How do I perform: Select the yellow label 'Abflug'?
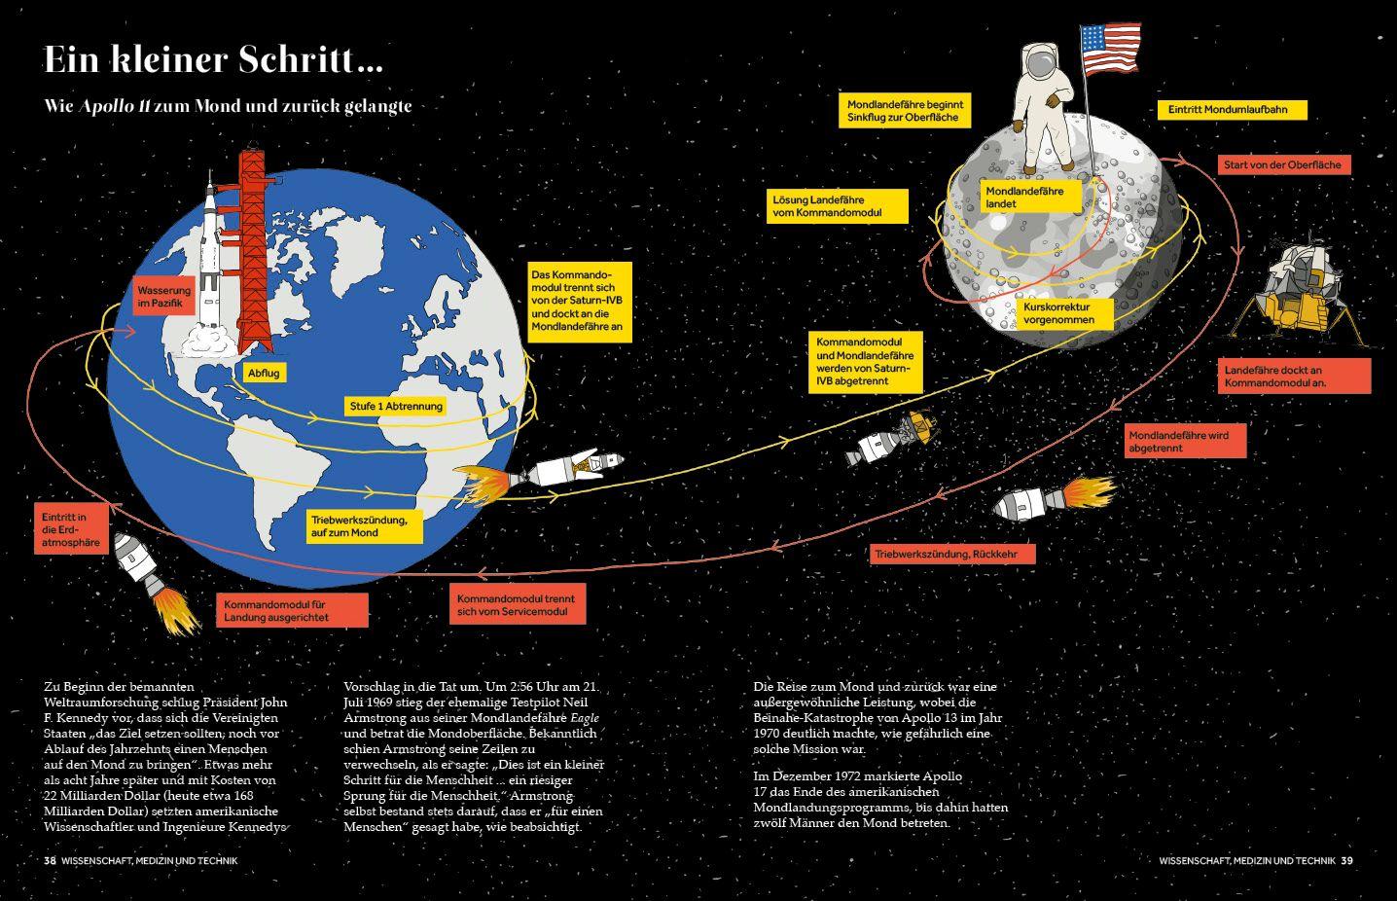tap(265, 373)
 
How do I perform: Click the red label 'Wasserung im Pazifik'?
tap(164, 298)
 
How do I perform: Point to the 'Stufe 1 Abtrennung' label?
tap(395, 406)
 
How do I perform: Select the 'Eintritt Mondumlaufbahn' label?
tap(1232, 110)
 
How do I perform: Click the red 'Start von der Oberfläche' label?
tap(1282, 164)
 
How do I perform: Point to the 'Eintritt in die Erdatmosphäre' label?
tap(71, 529)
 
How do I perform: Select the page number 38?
tap(50, 860)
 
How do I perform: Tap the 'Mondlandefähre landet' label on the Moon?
tap(1024, 198)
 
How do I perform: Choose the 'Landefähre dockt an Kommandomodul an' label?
tap(1293, 376)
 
